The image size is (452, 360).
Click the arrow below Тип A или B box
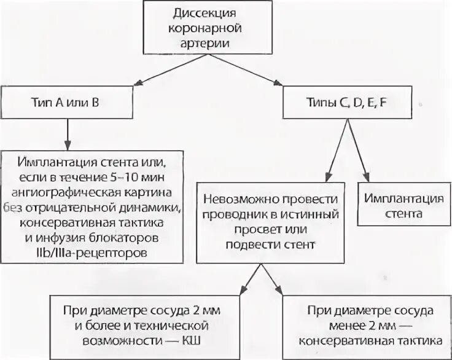(x=66, y=134)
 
